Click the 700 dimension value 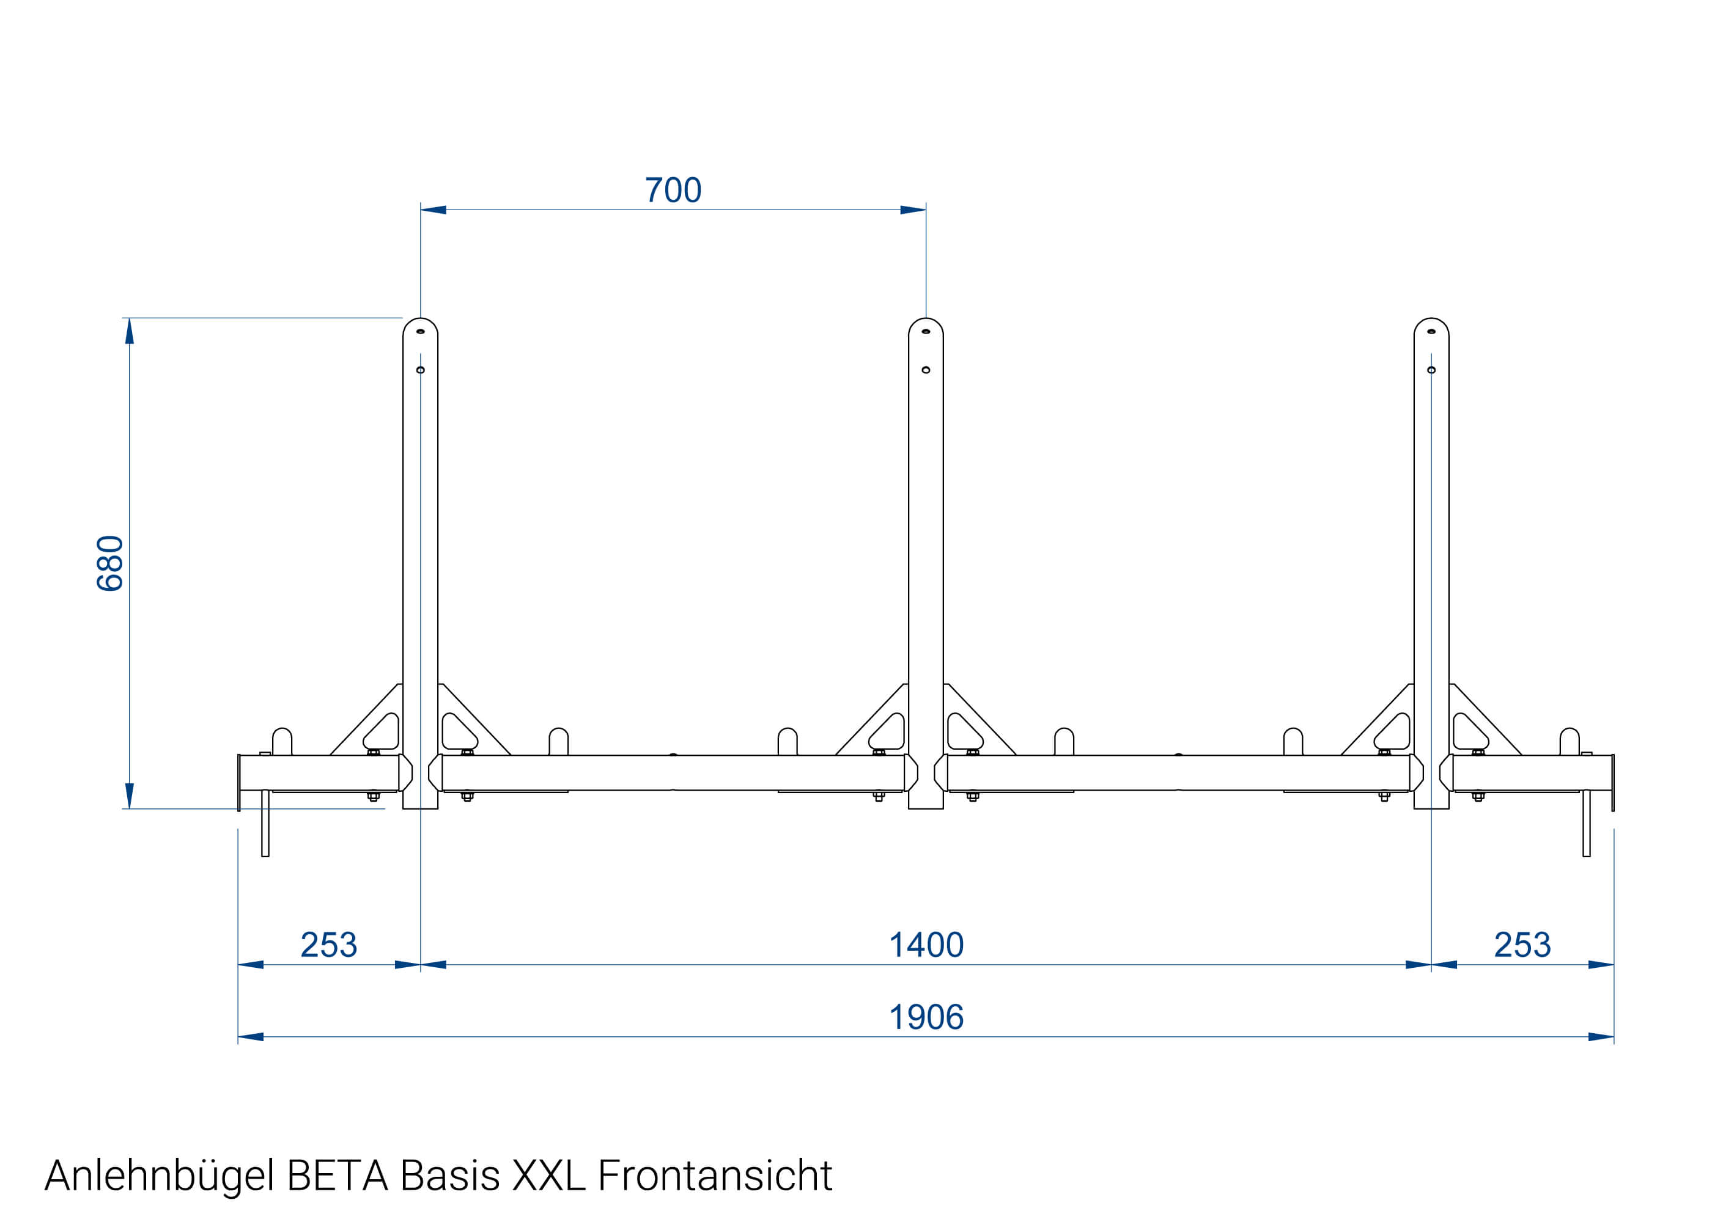pos(673,191)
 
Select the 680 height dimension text pos(110,563)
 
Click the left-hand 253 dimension pos(328,945)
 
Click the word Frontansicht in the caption pos(715,1176)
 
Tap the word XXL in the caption pos(548,1176)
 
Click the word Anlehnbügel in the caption pos(159,1176)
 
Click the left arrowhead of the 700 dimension pos(433,210)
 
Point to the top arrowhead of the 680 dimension pos(130,331)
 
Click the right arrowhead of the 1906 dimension pos(1601,1037)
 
